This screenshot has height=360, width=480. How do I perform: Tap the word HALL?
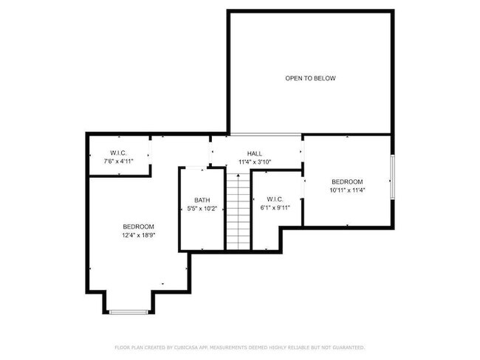(255, 153)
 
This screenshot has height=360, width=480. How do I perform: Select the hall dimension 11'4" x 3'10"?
(255, 162)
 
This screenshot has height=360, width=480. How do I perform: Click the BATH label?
(202, 200)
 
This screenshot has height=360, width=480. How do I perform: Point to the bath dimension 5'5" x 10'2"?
(202, 209)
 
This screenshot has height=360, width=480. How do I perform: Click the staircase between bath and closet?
(238, 211)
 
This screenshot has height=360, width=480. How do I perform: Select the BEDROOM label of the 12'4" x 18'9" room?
(138, 226)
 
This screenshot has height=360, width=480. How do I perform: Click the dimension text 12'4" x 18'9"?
(138, 235)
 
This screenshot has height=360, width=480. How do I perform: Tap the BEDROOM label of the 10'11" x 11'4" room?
(346, 181)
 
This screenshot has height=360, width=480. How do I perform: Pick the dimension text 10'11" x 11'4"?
(346, 190)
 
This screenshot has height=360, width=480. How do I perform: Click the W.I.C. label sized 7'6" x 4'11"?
(118, 153)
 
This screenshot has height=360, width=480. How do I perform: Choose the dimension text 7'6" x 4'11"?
(118, 162)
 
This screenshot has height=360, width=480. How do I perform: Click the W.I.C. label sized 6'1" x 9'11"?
(275, 199)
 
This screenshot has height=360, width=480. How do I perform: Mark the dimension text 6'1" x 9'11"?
(275, 208)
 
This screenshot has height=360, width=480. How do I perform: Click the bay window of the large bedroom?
(129, 312)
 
